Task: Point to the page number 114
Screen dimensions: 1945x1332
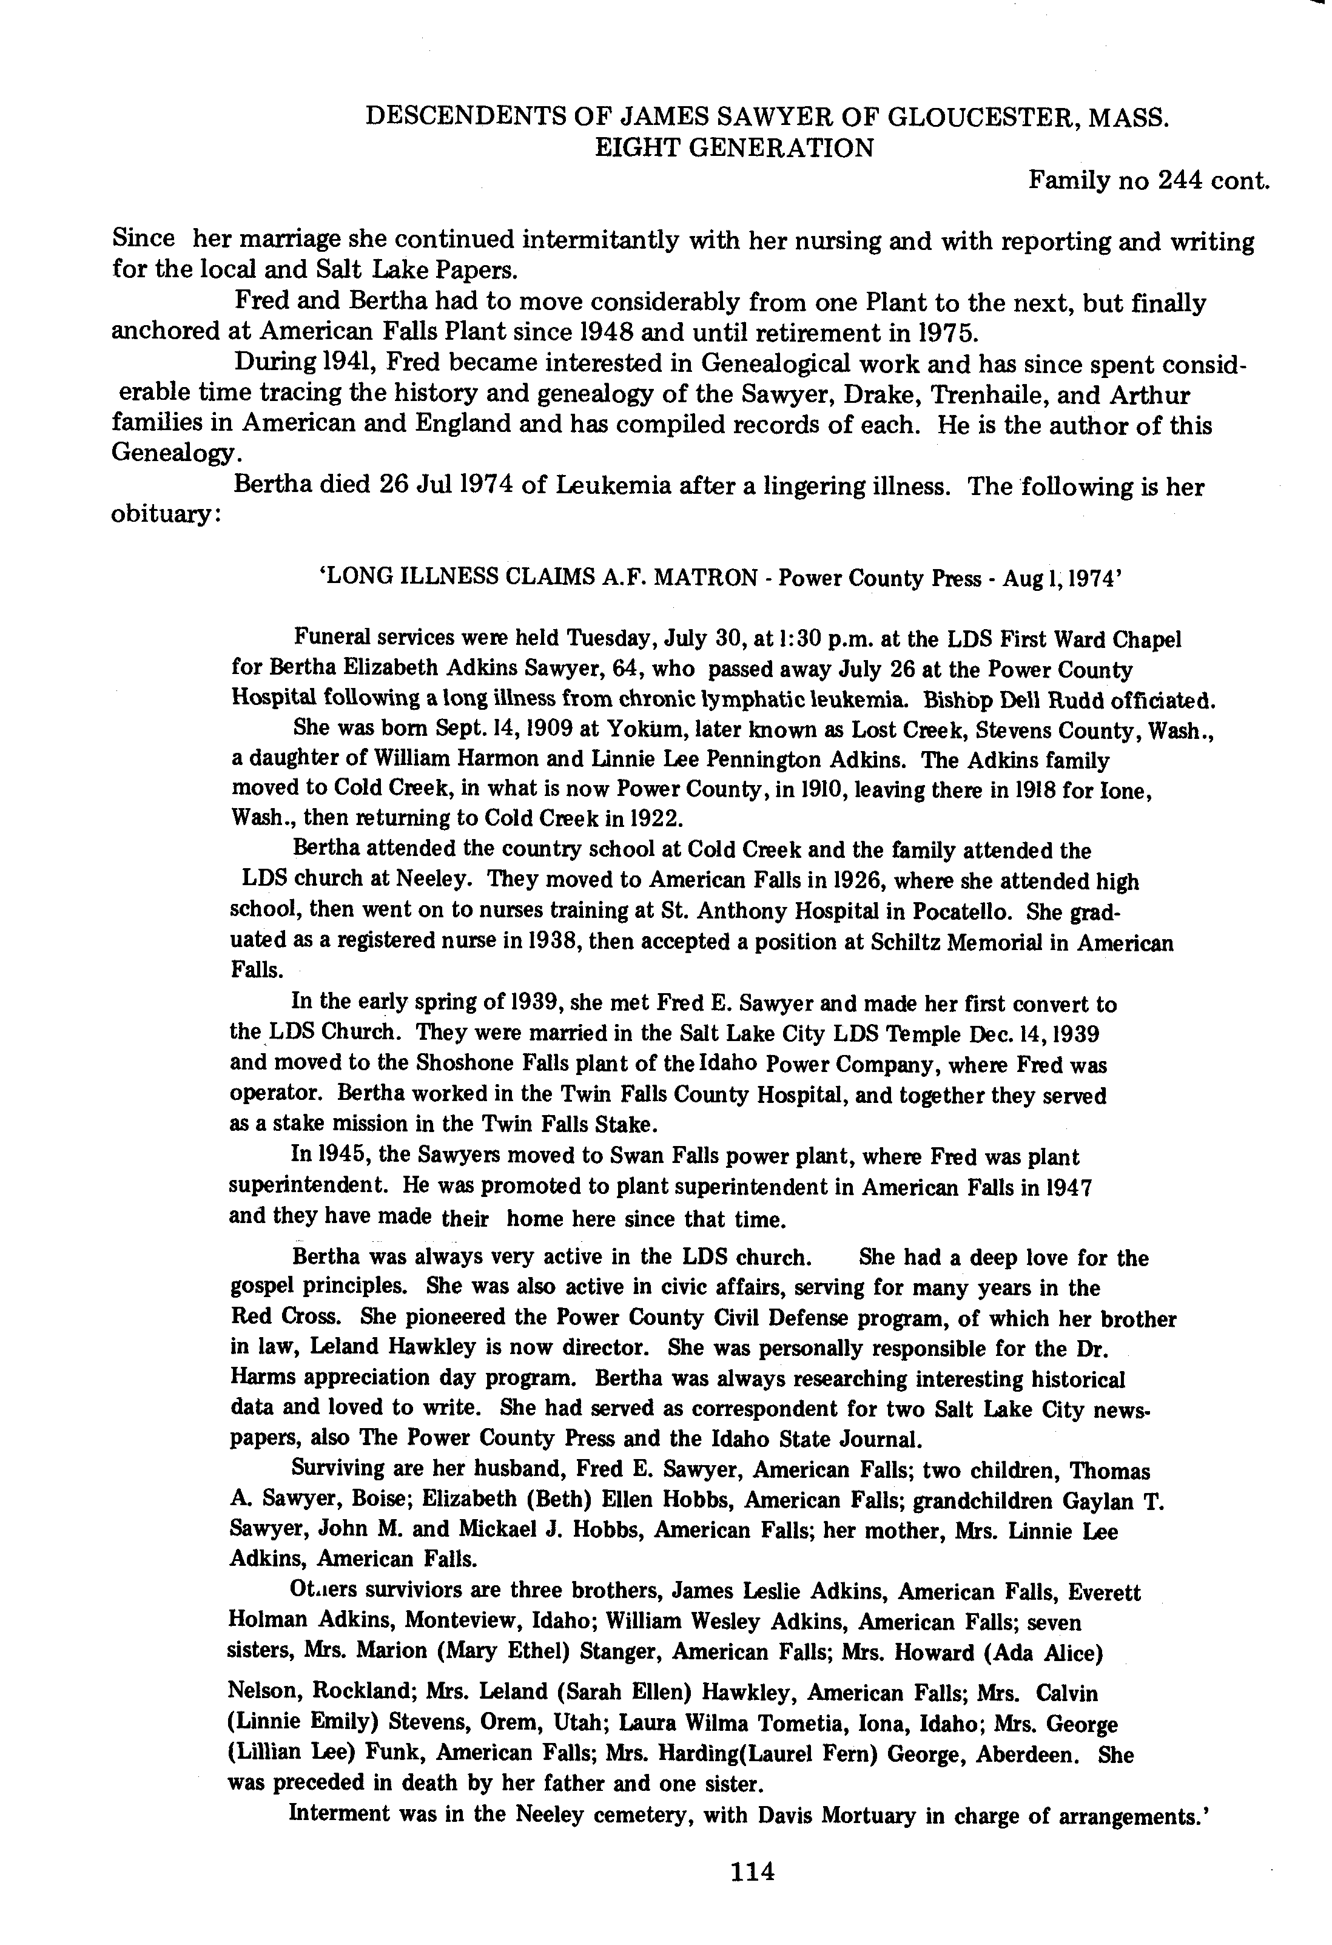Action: click(x=753, y=1870)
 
